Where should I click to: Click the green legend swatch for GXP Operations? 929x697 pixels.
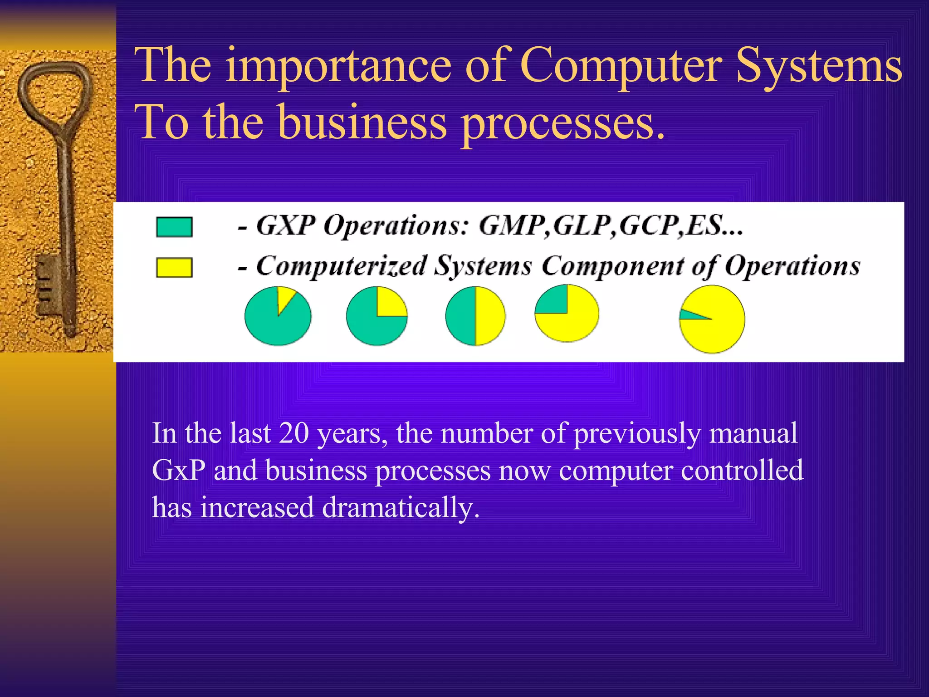(174, 226)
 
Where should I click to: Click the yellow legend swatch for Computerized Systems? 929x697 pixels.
(174, 267)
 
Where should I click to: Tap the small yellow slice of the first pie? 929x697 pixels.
(285, 297)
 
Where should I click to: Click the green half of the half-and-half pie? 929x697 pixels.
(461, 316)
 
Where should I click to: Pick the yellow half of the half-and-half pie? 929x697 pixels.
(490, 316)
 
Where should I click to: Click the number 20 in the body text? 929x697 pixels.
(293, 433)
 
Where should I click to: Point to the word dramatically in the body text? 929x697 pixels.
(401, 507)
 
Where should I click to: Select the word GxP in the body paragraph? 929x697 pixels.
(179, 470)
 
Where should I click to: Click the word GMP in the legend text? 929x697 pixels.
(513, 225)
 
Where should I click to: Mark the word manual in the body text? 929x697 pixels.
(753, 433)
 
